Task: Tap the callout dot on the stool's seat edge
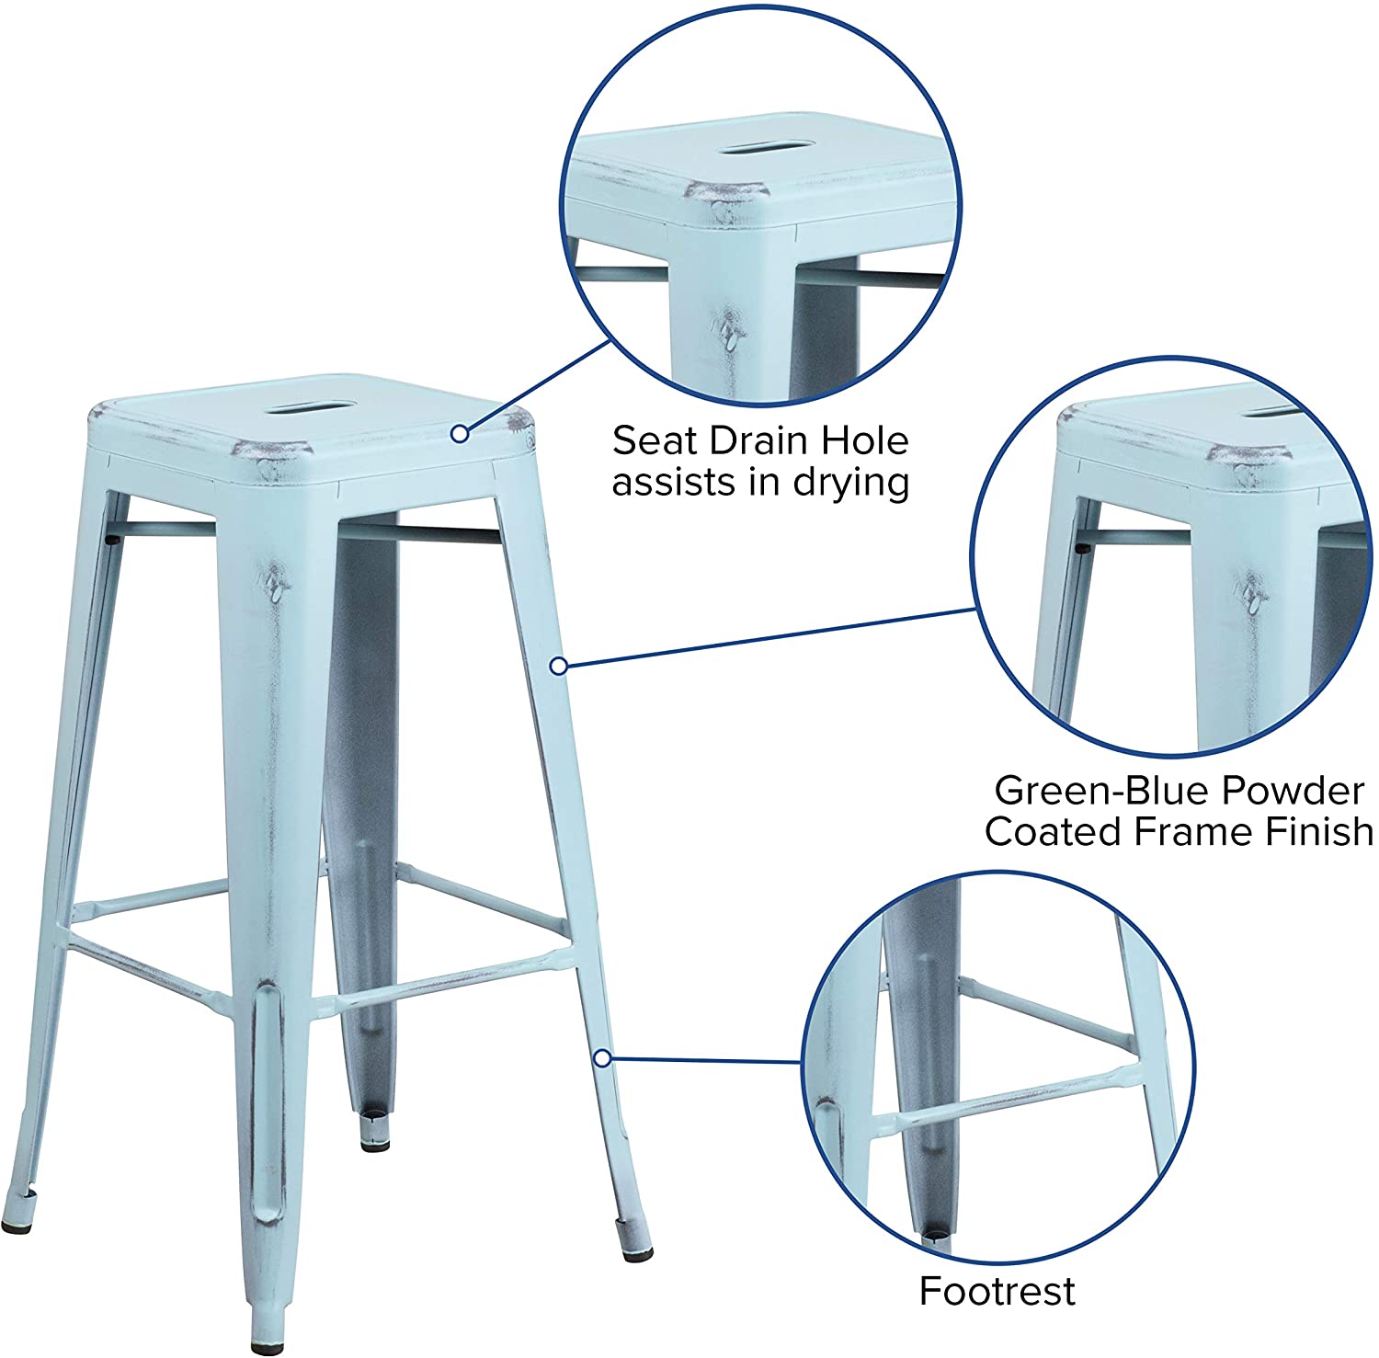click(461, 432)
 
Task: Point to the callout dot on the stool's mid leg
click(558, 666)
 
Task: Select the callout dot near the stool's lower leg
click(602, 1058)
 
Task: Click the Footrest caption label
click(997, 1291)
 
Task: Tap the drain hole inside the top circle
click(766, 147)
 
